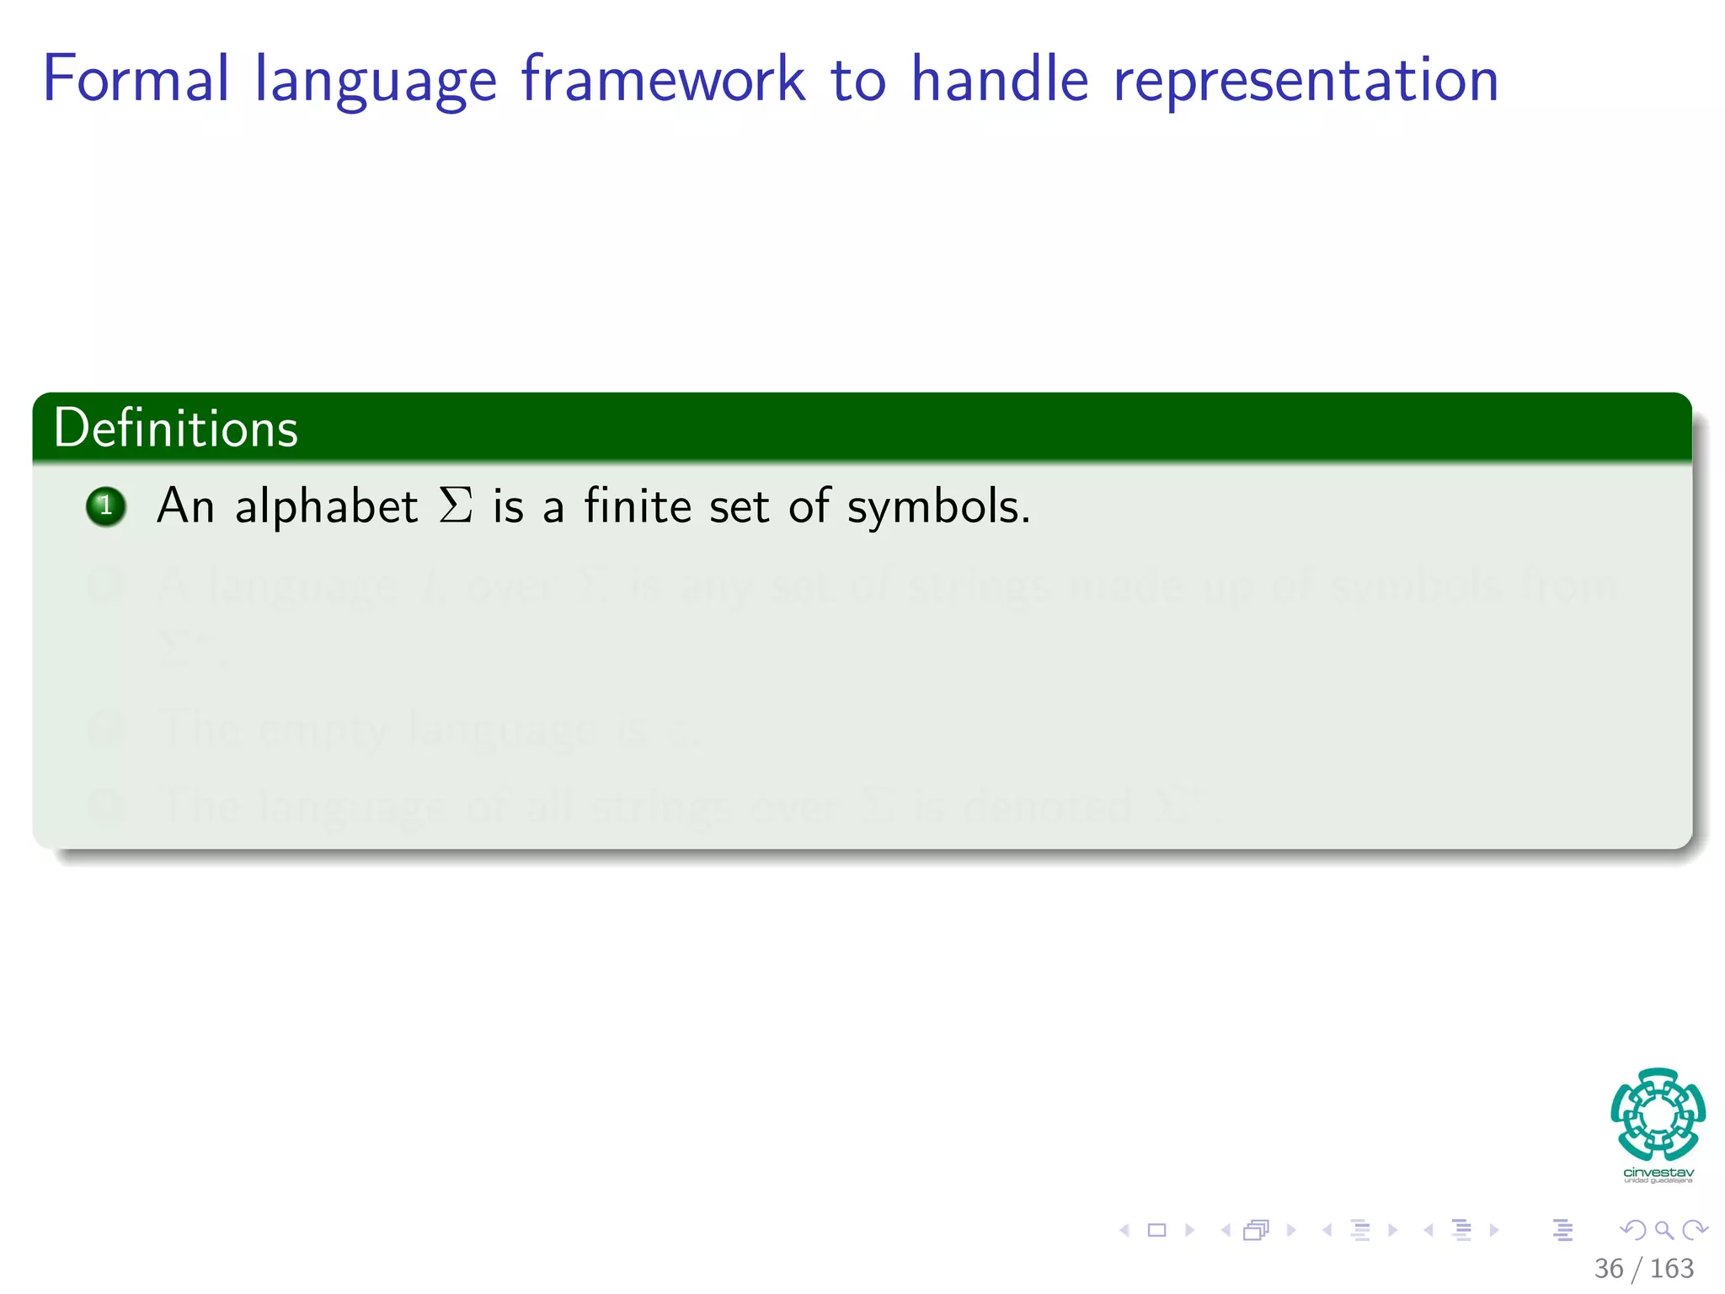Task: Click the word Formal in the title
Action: (x=135, y=80)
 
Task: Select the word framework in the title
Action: (x=663, y=80)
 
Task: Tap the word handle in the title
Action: (x=1000, y=80)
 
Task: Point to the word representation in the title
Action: (x=1306, y=80)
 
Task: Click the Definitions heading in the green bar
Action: (x=175, y=428)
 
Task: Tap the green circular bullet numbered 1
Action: (x=106, y=506)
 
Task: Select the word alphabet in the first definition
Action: (x=326, y=506)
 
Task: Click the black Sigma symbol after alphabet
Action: (x=456, y=506)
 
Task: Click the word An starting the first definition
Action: (x=185, y=506)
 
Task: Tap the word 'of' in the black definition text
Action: (x=809, y=506)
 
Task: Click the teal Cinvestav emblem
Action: (x=1658, y=1114)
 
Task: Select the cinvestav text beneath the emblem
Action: (x=1658, y=1173)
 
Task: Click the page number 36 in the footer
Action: (x=1609, y=1268)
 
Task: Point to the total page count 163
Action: (x=1672, y=1268)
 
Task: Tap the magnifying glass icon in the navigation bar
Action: (x=1664, y=1230)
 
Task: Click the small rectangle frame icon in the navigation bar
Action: (x=1157, y=1230)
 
